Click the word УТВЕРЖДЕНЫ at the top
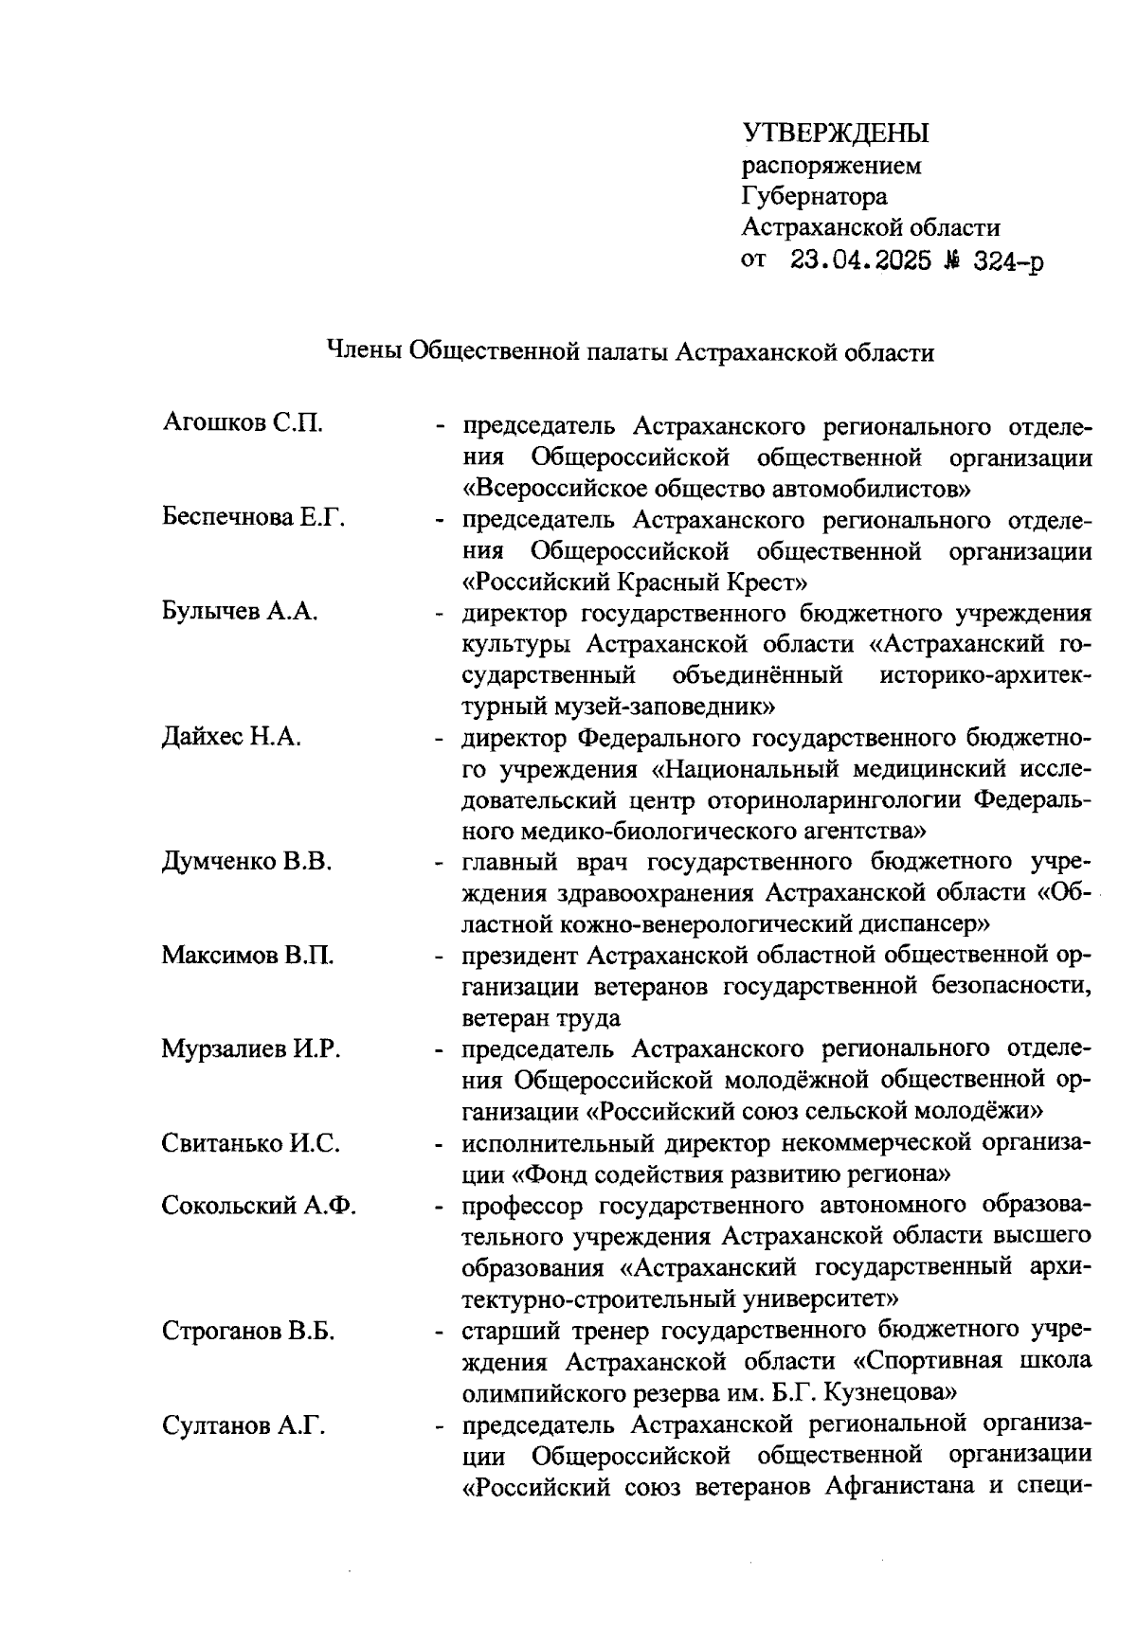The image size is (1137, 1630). coord(835,134)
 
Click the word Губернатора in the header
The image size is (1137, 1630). coord(815,196)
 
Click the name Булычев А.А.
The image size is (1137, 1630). coord(239,611)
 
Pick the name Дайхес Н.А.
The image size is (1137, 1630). coord(231,737)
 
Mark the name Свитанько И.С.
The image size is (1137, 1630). coord(250,1143)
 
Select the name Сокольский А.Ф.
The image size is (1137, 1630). coord(259,1206)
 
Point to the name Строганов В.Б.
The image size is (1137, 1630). coord(248,1332)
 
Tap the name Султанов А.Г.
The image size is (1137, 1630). coord(244,1425)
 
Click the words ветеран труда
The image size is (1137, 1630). coord(541,1019)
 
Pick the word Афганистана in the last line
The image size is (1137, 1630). coord(901,1486)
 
